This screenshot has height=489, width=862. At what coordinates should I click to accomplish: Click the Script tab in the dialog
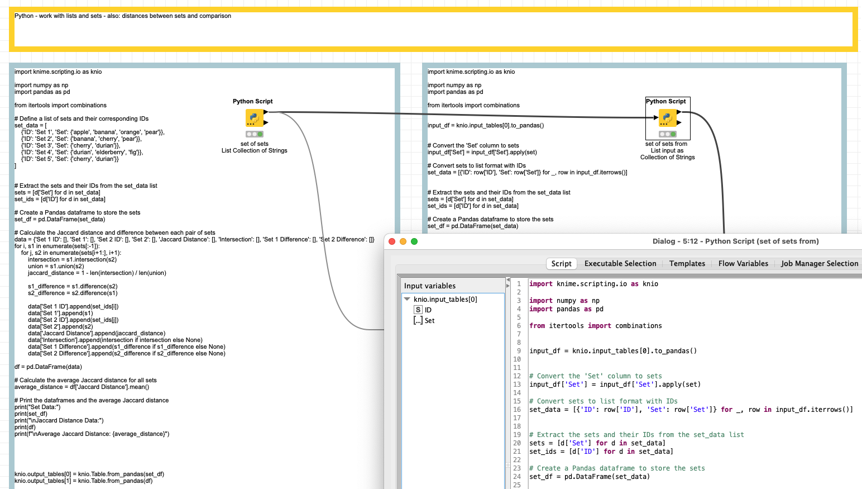pyautogui.click(x=561, y=264)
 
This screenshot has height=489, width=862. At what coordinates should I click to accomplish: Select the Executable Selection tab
pyautogui.click(x=620, y=264)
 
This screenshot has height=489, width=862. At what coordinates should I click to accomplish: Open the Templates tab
pyautogui.click(x=687, y=264)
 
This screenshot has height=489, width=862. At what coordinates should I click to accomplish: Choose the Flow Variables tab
pyautogui.click(x=743, y=264)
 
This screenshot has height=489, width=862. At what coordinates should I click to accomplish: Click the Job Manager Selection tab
pyautogui.click(x=819, y=264)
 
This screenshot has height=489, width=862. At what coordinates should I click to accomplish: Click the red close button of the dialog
pyautogui.click(x=392, y=241)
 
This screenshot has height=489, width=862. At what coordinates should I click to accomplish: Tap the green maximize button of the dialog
pyautogui.click(x=414, y=241)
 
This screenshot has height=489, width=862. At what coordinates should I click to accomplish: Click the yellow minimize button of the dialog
pyautogui.click(x=403, y=241)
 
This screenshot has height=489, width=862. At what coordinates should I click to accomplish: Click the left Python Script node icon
pyautogui.click(x=254, y=118)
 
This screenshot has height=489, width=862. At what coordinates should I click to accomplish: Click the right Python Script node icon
pyautogui.click(x=667, y=118)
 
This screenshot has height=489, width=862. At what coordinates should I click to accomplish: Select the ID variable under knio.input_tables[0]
pyautogui.click(x=428, y=310)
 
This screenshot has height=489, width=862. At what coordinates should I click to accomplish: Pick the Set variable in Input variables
pyautogui.click(x=429, y=321)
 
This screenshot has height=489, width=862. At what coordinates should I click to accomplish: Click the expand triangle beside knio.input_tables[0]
pyautogui.click(x=407, y=300)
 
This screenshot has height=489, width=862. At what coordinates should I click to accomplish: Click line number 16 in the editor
pyautogui.click(x=517, y=410)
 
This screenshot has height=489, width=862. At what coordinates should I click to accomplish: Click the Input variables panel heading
pyautogui.click(x=430, y=286)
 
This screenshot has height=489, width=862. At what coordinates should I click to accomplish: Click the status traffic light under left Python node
pyautogui.click(x=254, y=134)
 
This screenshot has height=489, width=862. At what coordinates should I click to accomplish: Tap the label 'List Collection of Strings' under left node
pyautogui.click(x=254, y=151)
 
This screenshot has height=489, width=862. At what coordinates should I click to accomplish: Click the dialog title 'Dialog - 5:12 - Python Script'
pyautogui.click(x=735, y=241)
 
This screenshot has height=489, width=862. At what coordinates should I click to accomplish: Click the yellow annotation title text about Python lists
pyautogui.click(x=123, y=16)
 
